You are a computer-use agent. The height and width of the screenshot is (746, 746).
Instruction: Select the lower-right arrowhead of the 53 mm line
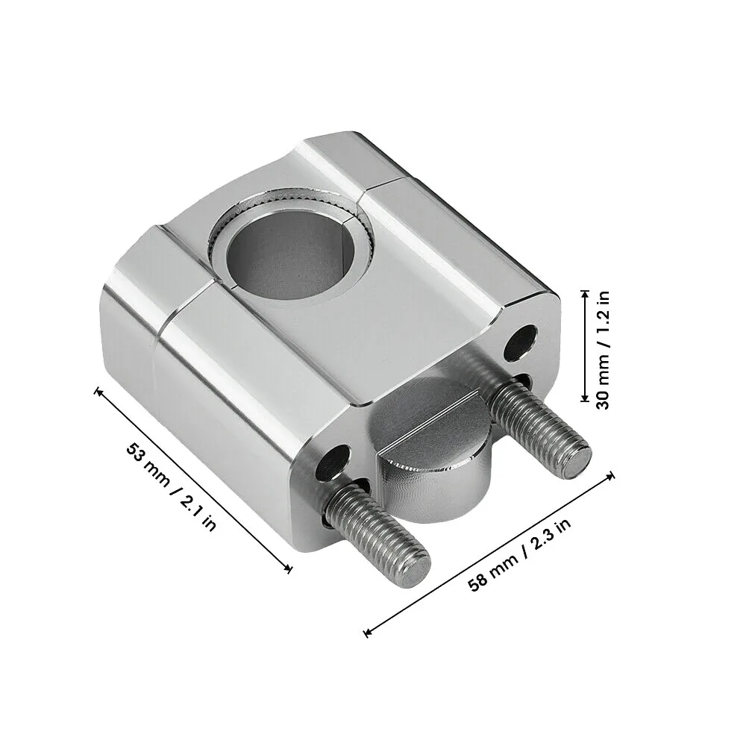pyautogui.click(x=289, y=571)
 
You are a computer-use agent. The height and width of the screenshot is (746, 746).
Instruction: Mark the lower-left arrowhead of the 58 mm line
pyautogui.click(x=366, y=634)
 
